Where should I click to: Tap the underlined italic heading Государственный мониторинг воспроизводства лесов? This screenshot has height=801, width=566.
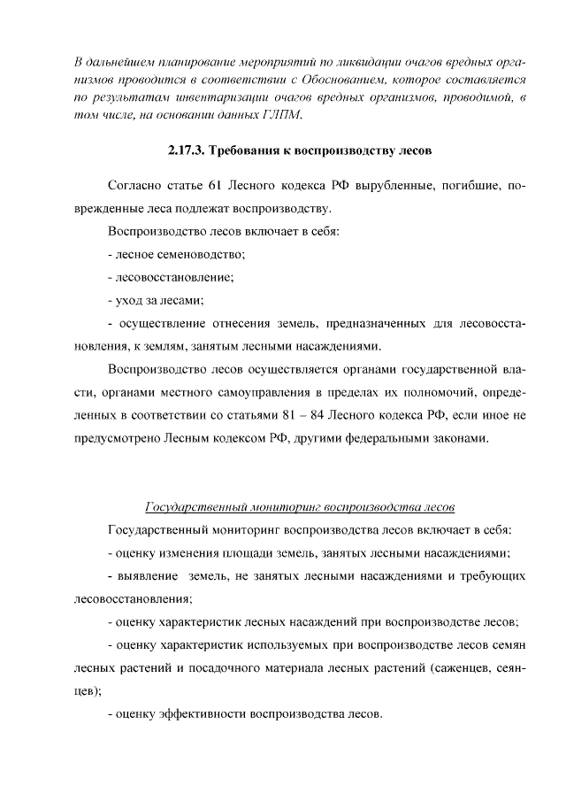(x=299, y=508)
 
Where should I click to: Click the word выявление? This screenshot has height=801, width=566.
(x=144, y=577)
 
